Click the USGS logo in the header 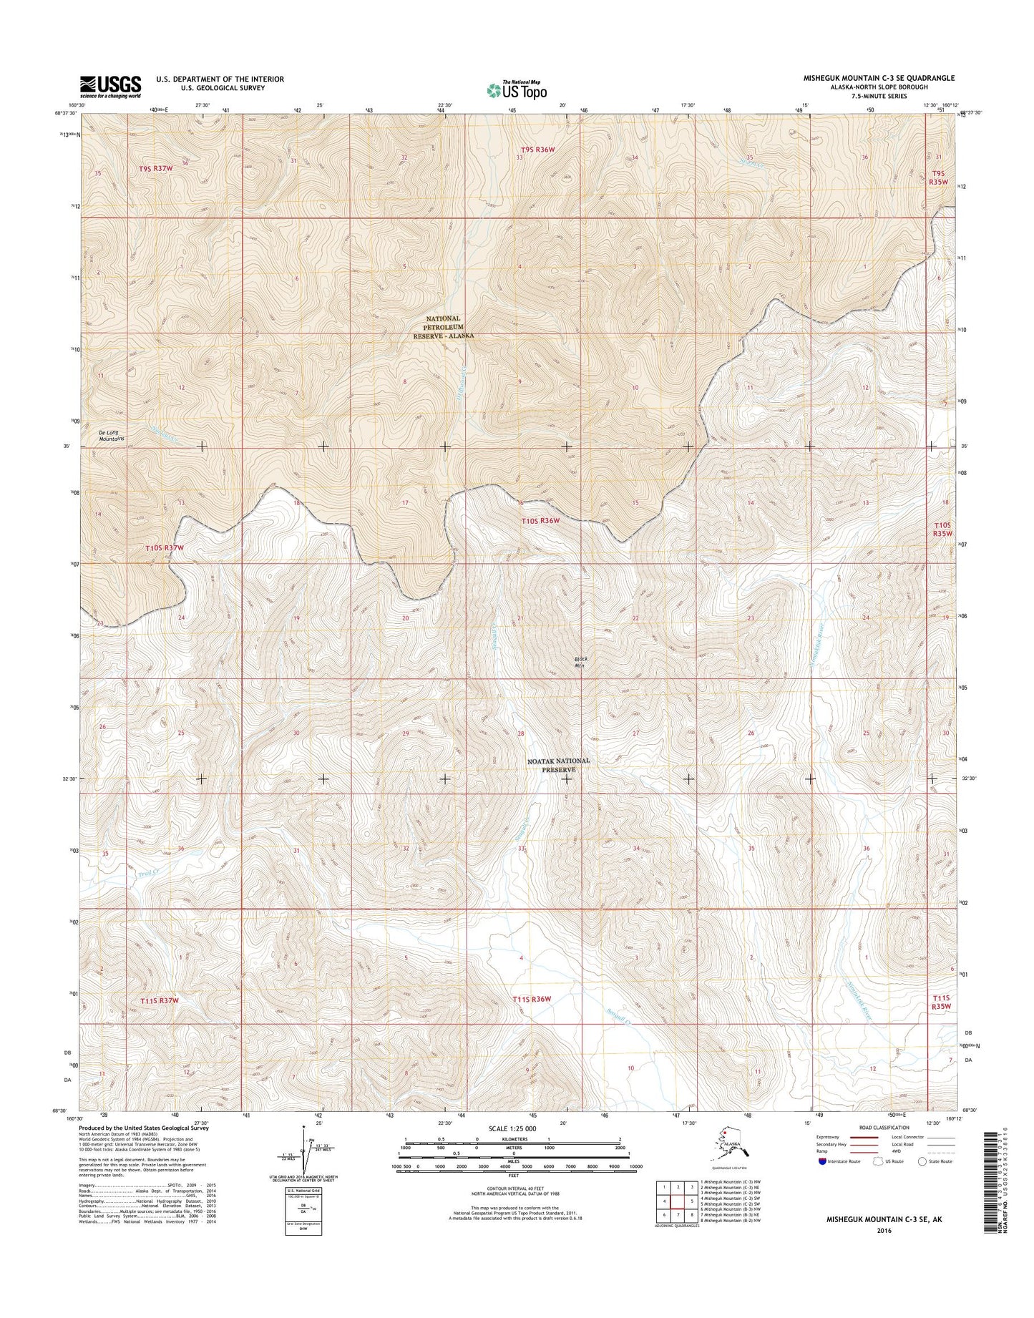[110, 87]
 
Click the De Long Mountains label [111, 435]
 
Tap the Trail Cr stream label [147, 872]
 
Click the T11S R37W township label [158, 1000]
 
